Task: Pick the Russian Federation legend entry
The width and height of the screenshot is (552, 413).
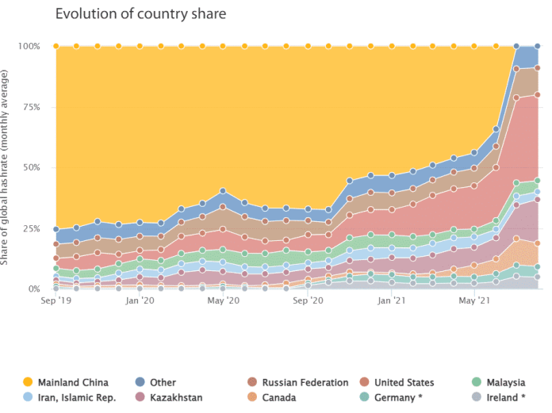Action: click(x=305, y=382)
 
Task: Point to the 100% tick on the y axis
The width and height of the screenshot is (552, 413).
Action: click(x=29, y=46)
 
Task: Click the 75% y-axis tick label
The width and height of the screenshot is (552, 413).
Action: click(x=31, y=107)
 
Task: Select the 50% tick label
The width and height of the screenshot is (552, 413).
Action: click(x=31, y=168)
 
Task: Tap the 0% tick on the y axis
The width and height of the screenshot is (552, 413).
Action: click(x=33, y=289)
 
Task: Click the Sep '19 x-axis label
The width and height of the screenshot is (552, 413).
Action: click(x=56, y=301)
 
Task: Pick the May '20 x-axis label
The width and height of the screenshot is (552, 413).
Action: click(x=223, y=301)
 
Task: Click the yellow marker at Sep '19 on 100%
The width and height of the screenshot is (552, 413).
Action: click(x=56, y=46)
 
